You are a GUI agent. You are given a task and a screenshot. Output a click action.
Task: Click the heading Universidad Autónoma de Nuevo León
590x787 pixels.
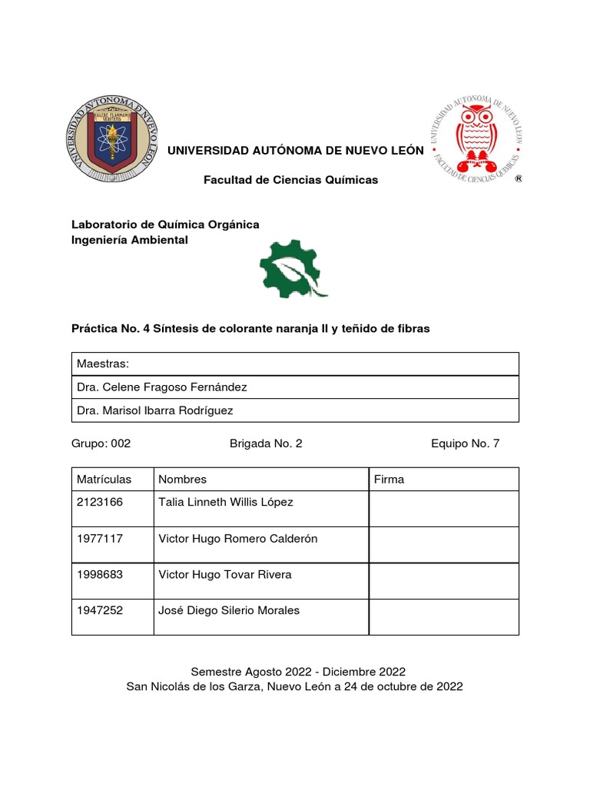(296, 150)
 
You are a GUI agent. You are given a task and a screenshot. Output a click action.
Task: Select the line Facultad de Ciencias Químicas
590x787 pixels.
(290, 180)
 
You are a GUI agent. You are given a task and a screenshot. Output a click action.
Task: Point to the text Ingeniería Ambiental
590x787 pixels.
(129, 241)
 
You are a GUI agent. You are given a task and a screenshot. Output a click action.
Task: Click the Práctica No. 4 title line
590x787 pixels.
(250, 328)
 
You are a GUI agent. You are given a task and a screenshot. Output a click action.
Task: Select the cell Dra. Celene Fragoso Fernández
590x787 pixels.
(162, 387)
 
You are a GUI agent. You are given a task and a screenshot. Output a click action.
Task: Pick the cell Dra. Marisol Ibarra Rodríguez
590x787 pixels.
(155, 410)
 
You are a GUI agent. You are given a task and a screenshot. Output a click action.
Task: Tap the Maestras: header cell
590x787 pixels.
(103, 364)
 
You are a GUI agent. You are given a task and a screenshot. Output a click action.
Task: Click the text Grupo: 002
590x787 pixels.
(101, 443)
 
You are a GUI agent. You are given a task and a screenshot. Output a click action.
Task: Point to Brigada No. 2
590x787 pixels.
(261, 443)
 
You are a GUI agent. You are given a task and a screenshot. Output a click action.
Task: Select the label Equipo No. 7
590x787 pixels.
(466, 443)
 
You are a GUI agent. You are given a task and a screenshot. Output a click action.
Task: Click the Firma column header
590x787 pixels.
(389, 480)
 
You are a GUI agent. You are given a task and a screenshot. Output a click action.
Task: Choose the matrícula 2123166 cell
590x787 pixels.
(100, 503)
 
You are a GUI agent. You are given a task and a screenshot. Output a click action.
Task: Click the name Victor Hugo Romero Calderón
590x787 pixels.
(237, 539)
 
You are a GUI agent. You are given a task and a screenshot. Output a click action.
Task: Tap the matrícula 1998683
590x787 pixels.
(100, 575)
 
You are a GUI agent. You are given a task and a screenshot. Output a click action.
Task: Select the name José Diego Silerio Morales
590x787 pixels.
(229, 611)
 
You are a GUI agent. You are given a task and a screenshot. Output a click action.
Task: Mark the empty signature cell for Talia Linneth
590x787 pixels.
(443, 508)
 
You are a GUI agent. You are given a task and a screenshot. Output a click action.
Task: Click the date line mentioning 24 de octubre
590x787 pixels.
(295, 687)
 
